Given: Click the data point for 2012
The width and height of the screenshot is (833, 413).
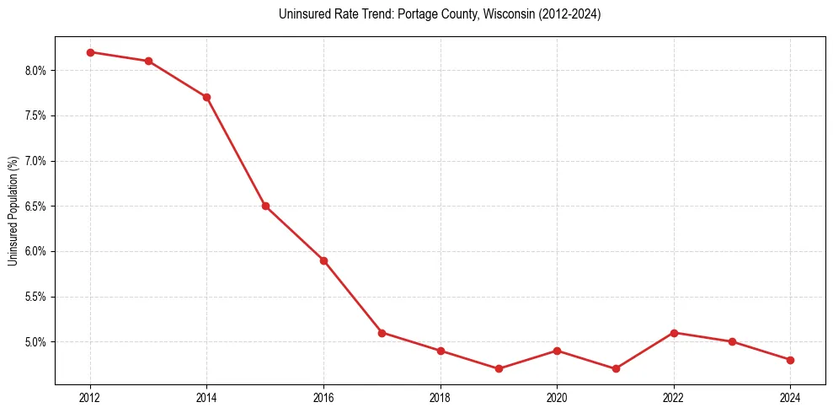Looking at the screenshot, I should click(x=90, y=52).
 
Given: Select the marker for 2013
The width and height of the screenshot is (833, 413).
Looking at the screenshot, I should click(x=148, y=61).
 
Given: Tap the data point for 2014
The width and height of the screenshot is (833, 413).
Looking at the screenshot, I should click(x=206, y=97).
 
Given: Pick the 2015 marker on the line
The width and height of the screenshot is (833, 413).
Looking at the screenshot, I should click(x=265, y=206).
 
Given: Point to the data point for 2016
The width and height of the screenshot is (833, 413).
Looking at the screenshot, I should click(x=323, y=260).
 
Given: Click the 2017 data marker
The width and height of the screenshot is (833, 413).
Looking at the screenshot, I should click(x=382, y=333).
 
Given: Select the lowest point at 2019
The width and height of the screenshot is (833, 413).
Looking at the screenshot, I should click(x=499, y=368).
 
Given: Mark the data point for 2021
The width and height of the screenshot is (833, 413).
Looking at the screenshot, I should click(x=616, y=368).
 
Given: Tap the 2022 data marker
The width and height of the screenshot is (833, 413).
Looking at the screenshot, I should click(x=674, y=333).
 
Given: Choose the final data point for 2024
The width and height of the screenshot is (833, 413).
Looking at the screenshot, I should click(x=790, y=360).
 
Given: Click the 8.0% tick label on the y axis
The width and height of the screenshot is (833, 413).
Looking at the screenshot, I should click(x=35, y=71).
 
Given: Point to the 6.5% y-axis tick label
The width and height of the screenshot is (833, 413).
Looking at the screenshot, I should click(x=35, y=206).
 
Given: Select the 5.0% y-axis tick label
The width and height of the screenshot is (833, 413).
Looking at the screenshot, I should click(x=35, y=342).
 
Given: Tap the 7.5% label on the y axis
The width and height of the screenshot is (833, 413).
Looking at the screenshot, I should click(x=35, y=115).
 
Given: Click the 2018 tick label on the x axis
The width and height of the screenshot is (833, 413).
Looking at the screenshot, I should click(x=441, y=397).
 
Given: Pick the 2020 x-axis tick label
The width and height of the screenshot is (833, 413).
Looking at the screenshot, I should click(x=557, y=397).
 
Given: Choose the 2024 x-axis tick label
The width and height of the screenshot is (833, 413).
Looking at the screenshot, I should click(x=790, y=397).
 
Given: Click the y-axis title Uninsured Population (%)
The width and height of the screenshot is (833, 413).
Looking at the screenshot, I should click(x=13, y=211).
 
